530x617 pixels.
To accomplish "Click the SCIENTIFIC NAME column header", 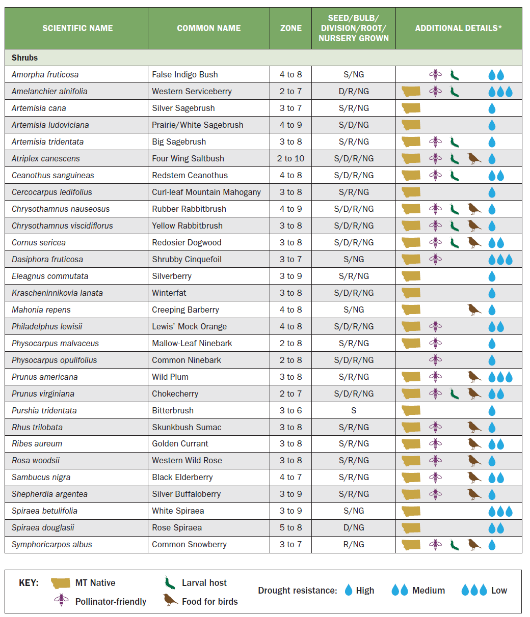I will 77,29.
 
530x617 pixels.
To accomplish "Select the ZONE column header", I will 291,29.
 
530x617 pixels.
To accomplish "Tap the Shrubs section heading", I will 25,58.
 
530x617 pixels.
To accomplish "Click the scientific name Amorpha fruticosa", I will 45,74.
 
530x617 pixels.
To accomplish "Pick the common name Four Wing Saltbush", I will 188,158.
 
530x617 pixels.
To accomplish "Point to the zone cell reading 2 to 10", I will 291,158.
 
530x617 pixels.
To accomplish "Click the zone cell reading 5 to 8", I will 291,527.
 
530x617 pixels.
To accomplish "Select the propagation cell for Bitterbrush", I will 354,410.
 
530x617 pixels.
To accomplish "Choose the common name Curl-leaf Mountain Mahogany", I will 206,192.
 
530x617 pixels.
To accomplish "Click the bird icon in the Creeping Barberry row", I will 474,310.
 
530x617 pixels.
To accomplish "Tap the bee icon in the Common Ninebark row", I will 435,360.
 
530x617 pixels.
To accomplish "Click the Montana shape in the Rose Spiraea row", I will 411,527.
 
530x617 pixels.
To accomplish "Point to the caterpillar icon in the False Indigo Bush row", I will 455,75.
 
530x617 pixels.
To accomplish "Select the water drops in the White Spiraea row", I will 500,511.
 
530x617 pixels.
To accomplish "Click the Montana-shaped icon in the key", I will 61,583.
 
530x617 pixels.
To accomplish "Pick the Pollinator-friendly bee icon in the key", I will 61,600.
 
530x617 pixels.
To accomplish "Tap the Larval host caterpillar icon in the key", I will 167,583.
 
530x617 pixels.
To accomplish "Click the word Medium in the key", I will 429,591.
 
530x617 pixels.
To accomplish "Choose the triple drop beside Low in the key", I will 473,591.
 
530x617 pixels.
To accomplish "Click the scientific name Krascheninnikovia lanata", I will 57,293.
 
